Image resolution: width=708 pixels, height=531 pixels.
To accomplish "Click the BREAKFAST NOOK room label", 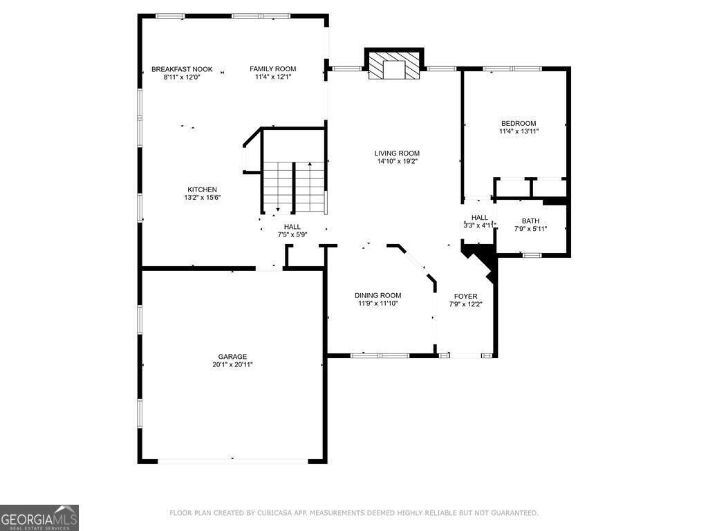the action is pos(182,69).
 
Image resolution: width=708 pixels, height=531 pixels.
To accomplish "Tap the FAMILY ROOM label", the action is pos(272,68).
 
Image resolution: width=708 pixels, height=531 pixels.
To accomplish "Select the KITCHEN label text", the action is pos(203,189).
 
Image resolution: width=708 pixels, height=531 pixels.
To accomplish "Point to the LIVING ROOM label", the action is pos(397,153).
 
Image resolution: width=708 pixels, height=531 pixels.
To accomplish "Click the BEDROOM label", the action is pos(519,123).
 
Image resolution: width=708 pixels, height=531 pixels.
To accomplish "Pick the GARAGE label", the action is pos(232,357).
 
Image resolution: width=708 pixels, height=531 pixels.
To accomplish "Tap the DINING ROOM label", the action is pos(378,295).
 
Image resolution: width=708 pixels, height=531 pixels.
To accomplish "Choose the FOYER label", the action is pos(465,296).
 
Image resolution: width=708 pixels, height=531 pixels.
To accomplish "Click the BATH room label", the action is pos(530,221).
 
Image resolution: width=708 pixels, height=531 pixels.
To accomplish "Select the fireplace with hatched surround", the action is pos(394,65).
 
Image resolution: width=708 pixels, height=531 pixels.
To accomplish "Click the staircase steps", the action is pos(294,187).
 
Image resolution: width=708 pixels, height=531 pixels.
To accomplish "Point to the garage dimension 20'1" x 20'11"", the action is pos(232,365).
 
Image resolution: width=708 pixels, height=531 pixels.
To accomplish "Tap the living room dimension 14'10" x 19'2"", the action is pos(397,161).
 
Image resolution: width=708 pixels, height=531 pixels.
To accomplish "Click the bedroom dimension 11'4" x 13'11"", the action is pos(519,131).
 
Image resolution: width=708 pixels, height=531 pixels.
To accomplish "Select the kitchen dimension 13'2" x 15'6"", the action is pos(203,198).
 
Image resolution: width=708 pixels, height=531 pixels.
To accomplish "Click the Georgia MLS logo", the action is pos(39,518).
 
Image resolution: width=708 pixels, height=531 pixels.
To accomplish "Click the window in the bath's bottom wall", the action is pos(532,255).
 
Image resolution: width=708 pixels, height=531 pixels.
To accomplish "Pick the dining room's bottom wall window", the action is pos(380,355).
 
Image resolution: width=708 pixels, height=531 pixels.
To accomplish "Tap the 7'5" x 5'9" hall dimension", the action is pos(292,235).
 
